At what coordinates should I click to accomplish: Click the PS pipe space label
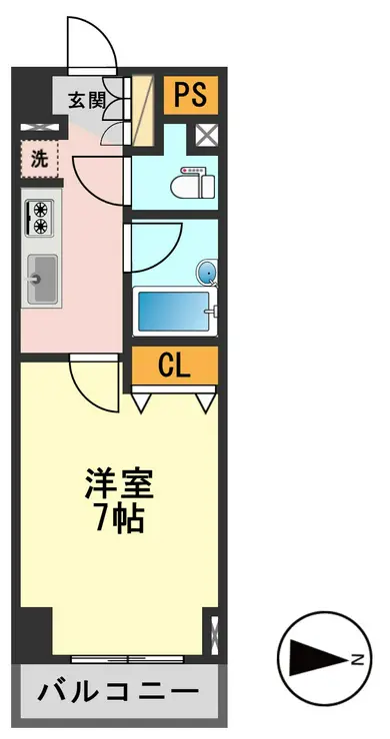pyautogui.click(x=190, y=94)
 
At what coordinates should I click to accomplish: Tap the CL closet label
pyautogui.click(x=174, y=366)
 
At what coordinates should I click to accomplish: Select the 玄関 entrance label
pyautogui.click(x=87, y=100)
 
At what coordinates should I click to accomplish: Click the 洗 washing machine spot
pyautogui.click(x=40, y=160)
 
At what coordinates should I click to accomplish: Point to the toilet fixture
pyautogui.click(x=193, y=183)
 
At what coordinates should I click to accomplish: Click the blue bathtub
pyautogui.click(x=174, y=311)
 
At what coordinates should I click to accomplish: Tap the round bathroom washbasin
pyautogui.click(x=207, y=273)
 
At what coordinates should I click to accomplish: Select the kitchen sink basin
pyautogui.click(x=42, y=279)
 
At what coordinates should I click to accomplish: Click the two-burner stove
pyautogui.click(x=40, y=217)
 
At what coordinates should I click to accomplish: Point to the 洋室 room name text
pyautogui.click(x=119, y=484)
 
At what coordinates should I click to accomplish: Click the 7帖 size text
pyautogui.click(x=120, y=519)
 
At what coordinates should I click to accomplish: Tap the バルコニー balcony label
pyautogui.click(x=118, y=692)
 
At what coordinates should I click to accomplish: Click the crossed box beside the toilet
pyautogui.click(x=207, y=135)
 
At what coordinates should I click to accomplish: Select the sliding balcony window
pyautogui.click(x=127, y=658)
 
